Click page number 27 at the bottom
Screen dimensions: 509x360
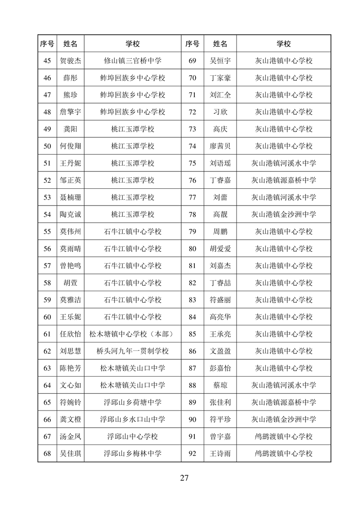pyautogui.click(x=184, y=477)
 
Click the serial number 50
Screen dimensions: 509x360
pyautogui.click(x=47, y=146)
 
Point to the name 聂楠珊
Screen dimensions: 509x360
pyautogui.click(x=70, y=197)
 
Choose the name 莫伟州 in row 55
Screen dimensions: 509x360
pyautogui.click(x=70, y=231)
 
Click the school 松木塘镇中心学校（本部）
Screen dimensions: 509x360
pyautogui.click(x=133, y=334)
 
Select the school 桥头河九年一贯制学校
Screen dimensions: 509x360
pyautogui.click(x=133, y=351)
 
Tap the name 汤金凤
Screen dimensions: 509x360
pyautogui.click(x=70, y=436)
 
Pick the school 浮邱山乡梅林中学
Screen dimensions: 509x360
pyautogui.click(x=133, y=453)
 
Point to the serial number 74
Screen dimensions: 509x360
pyautogui.click(x=192, y=146)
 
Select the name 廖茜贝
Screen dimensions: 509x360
pyautogui.click(x=220, y=146)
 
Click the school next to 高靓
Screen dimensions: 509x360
pyautogui.click(x=284, y=215)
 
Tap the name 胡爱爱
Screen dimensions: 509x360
pyautogui.click(x=220, y=249)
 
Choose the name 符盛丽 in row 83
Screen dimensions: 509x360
pyautogui.click(x=220, y=300)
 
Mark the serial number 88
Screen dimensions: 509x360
pyautogui.click(x=192, y=385)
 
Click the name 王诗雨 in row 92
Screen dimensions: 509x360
pyautogui.click(x=220, y=453)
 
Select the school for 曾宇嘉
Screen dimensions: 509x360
pyautogui.click(x=284, y=436)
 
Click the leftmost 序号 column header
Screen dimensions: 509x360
pyautogui.click(x=47, y=44)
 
